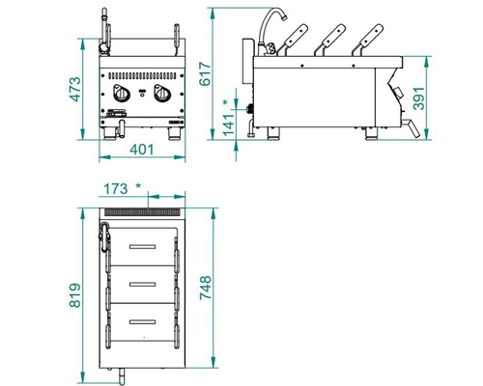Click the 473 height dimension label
[x=75, y=89]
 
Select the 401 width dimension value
[x=142, y=150]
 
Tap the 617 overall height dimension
[x=205, y=74]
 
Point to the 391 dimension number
[x=418, y=98]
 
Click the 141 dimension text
[x=228, y=124]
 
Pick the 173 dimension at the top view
[x=115, y=189]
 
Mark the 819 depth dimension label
[x=75, y=295]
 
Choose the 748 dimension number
[x=206, y=288]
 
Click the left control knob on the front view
[x=122, y=93]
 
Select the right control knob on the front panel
[x=161, y=93]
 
